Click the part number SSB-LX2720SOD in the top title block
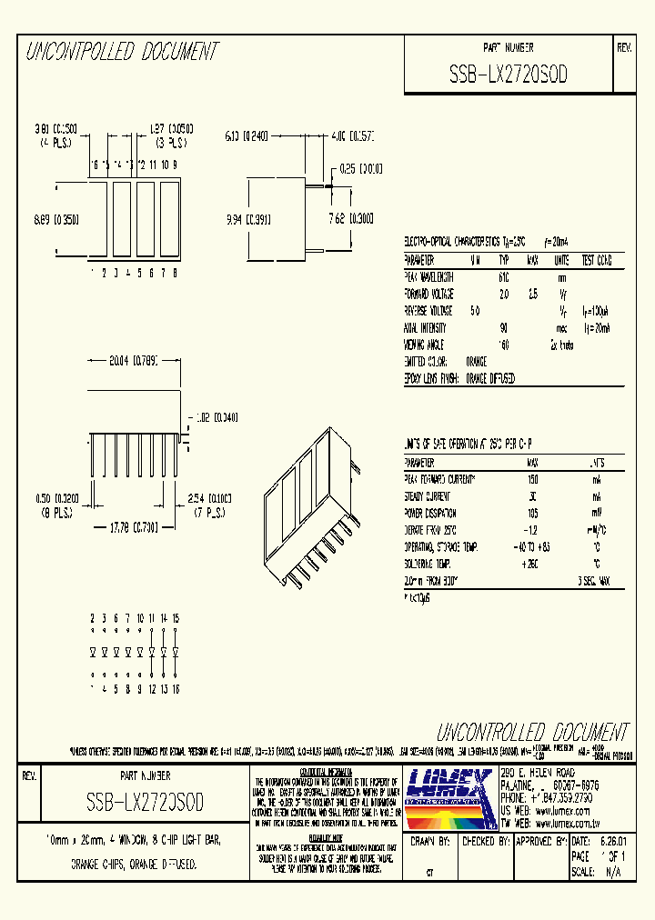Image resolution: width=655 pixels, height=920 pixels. coord(508,75)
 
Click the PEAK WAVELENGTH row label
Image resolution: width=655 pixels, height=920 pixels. coord(428,277)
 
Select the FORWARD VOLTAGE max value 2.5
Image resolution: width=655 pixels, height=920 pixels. coord(531,295)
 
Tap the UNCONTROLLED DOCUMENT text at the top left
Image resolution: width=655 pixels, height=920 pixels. coord(121,52)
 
